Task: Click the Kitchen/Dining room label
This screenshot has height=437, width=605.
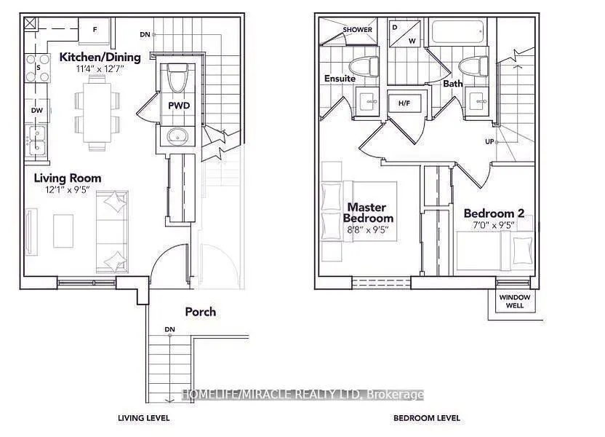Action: pos(100,58)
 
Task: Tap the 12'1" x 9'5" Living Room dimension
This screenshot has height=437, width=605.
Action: pos(68,189)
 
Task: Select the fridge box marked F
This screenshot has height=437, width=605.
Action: pos(95,31)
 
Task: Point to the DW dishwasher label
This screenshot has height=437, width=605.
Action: pos(37,111)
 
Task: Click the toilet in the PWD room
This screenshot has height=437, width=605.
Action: pos(177,78)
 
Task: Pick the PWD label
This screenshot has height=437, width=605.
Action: pos(179,106)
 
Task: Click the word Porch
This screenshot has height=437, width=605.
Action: pos(200,312)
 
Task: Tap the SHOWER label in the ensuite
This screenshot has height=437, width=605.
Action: pos(357,29)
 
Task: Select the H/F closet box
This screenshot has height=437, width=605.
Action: pos(404,103)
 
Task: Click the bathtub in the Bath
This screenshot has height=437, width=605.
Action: pos(457,31)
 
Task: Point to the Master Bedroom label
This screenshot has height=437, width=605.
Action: pos(368,213)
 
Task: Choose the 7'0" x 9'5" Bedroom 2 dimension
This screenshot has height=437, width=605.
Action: pos(494,225)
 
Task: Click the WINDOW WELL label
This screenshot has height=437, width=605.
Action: pos(515,302)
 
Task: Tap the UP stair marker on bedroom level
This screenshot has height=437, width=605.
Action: pos(489,142)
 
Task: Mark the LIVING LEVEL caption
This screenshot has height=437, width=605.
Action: pos(143,418)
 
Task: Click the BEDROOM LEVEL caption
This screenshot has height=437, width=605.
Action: pos(427,418)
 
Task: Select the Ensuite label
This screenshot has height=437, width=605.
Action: pos(340,79)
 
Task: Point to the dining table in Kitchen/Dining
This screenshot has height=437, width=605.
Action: pos(97,112)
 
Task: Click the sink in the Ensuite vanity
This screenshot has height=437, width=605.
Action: pos(369,102)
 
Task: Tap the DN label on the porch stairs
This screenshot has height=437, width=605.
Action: pos(169,329)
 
